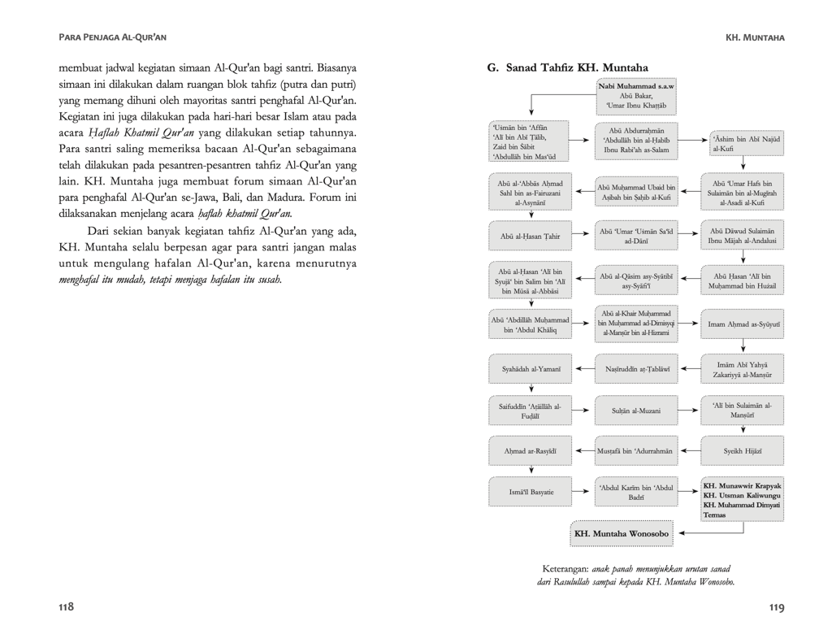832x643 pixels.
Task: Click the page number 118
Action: point(66,607)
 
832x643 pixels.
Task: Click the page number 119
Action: point(775,607)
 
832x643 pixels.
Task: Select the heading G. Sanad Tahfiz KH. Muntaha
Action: point(567,67)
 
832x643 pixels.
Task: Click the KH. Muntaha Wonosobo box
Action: point(622,533)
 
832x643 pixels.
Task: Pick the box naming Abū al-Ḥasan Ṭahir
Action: point(531,236)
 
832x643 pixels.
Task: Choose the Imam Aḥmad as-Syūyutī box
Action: point(743,324)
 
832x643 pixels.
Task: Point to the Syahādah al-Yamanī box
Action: point(531,369)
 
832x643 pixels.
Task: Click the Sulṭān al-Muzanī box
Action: point(636,411)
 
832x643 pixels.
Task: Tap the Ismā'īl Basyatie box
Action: point(531,491)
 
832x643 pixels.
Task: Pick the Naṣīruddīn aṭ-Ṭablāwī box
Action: point(636,369)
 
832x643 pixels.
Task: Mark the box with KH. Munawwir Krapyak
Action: point(743,500)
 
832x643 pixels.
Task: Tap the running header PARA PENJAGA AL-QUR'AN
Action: point(113,37)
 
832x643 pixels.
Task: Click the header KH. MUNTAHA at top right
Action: point(755,37)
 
